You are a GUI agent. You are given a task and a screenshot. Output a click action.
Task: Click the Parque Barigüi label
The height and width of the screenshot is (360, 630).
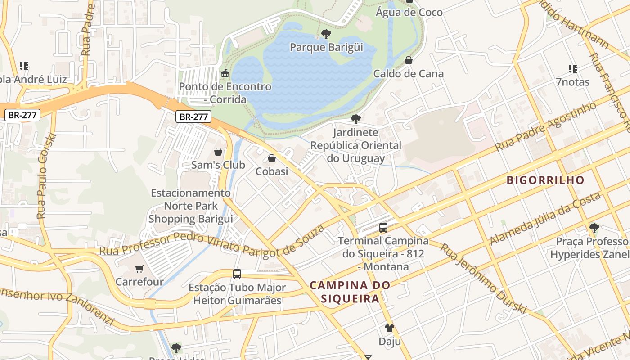pos(326,47)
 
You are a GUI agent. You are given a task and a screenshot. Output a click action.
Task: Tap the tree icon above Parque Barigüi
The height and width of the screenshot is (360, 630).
pos(326,34)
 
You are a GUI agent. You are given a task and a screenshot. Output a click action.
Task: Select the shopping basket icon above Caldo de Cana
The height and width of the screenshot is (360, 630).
pos(409,60)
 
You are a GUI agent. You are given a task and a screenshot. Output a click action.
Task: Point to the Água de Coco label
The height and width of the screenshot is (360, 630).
pos(409,13)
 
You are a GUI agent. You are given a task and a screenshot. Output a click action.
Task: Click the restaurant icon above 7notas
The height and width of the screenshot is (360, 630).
pos(572,69)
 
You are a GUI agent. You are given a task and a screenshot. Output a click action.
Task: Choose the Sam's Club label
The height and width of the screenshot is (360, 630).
pos(218,165)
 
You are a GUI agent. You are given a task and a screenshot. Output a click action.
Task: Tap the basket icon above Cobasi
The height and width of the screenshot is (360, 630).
pos(272,158)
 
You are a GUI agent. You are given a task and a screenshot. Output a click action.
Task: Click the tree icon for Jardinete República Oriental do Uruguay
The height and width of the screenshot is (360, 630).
pos(355,119)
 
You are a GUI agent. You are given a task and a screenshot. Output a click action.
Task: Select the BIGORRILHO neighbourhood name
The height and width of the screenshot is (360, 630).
pos(545,180)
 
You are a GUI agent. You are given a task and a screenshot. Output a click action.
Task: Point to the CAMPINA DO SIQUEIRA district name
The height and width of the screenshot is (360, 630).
pos(350,292)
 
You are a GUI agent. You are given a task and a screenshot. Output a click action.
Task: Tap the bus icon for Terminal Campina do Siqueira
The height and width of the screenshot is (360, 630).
pos(383,228)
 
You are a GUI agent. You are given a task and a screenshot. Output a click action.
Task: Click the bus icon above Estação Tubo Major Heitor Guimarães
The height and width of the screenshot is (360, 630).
pos(237,274)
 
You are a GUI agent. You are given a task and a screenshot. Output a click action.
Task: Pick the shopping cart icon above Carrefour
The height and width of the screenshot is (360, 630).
pos(139,269)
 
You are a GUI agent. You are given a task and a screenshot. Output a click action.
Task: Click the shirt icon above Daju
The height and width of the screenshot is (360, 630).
pos(390,328)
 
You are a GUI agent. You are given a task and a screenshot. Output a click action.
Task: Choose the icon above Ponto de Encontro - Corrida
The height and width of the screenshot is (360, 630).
pos(225,73)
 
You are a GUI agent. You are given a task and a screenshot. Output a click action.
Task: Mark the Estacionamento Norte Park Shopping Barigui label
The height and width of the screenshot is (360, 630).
pos(191,206)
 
